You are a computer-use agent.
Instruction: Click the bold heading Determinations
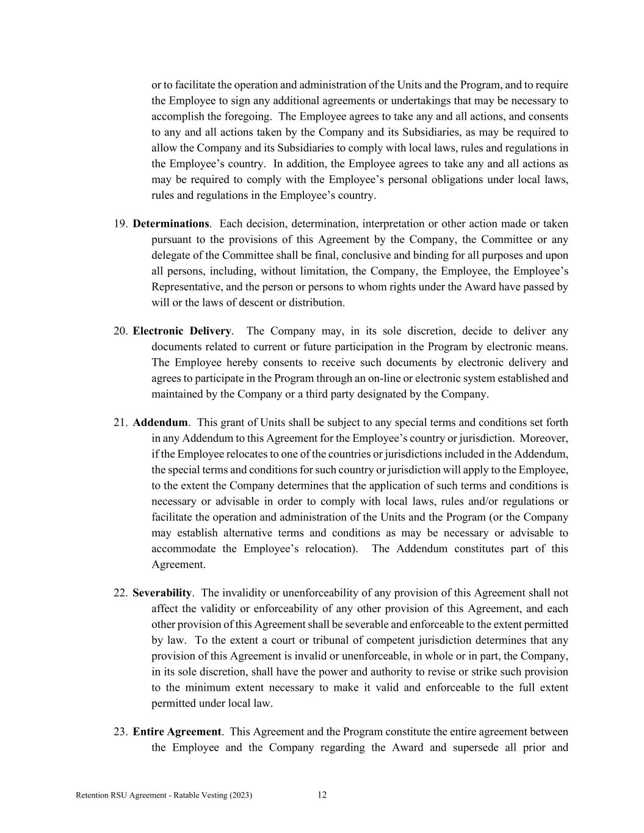(171, 224)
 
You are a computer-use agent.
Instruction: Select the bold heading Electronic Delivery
(182, 331)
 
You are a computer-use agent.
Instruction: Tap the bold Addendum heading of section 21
(161, 422)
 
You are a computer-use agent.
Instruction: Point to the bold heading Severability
(162, 593)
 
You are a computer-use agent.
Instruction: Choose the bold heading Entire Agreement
(177, 732)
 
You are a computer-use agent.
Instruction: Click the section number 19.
(120, 224)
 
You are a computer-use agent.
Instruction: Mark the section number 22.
(120, 593)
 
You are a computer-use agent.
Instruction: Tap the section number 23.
(120, 732)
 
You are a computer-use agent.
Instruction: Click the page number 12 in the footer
(322, 795)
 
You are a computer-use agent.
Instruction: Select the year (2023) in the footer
(241, 795)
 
